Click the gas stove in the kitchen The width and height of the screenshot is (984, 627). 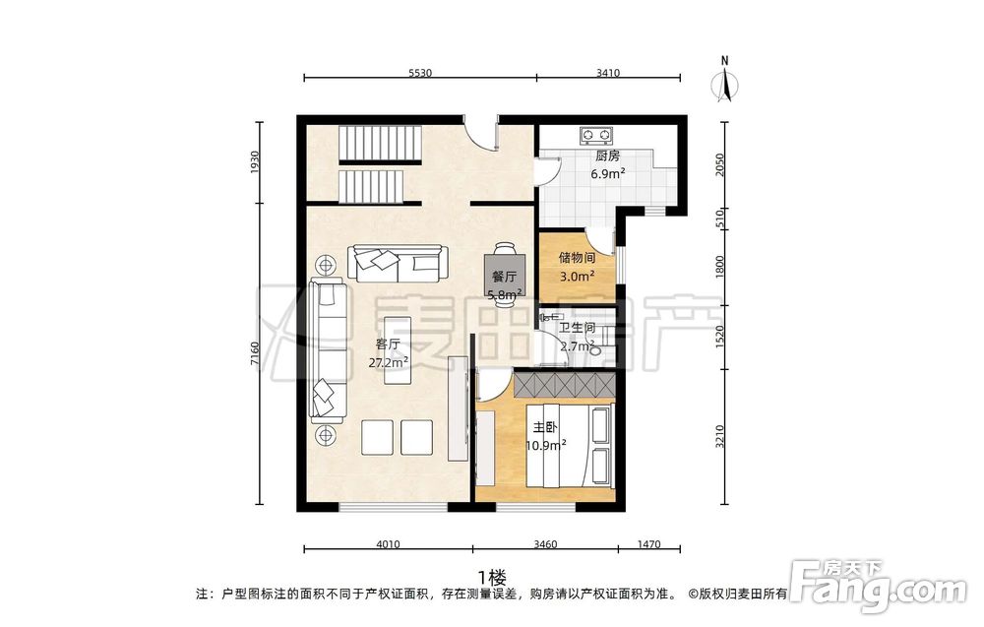click(x=596, y=134)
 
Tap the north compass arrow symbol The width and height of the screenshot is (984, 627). click(x=725, y=84)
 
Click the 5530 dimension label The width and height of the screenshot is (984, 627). click(x=420, y=73)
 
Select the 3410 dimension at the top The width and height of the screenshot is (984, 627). click(x=607, y=73)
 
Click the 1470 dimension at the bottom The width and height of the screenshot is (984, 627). click(x=648, y=544)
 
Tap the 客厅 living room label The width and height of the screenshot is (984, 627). click(x=388, y=344)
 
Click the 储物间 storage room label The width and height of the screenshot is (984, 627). click(x=578, y=257)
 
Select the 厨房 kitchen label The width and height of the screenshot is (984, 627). click(x=607, y=157)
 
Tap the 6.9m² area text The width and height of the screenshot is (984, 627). click(x=607, y=174)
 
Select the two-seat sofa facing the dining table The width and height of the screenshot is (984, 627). click(x=398, y=264)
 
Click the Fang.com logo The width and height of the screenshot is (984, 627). click(x=878, y=585)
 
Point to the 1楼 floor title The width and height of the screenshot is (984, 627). click(x=492, y=576)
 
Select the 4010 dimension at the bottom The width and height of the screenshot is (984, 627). click(x=388, y=544)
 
